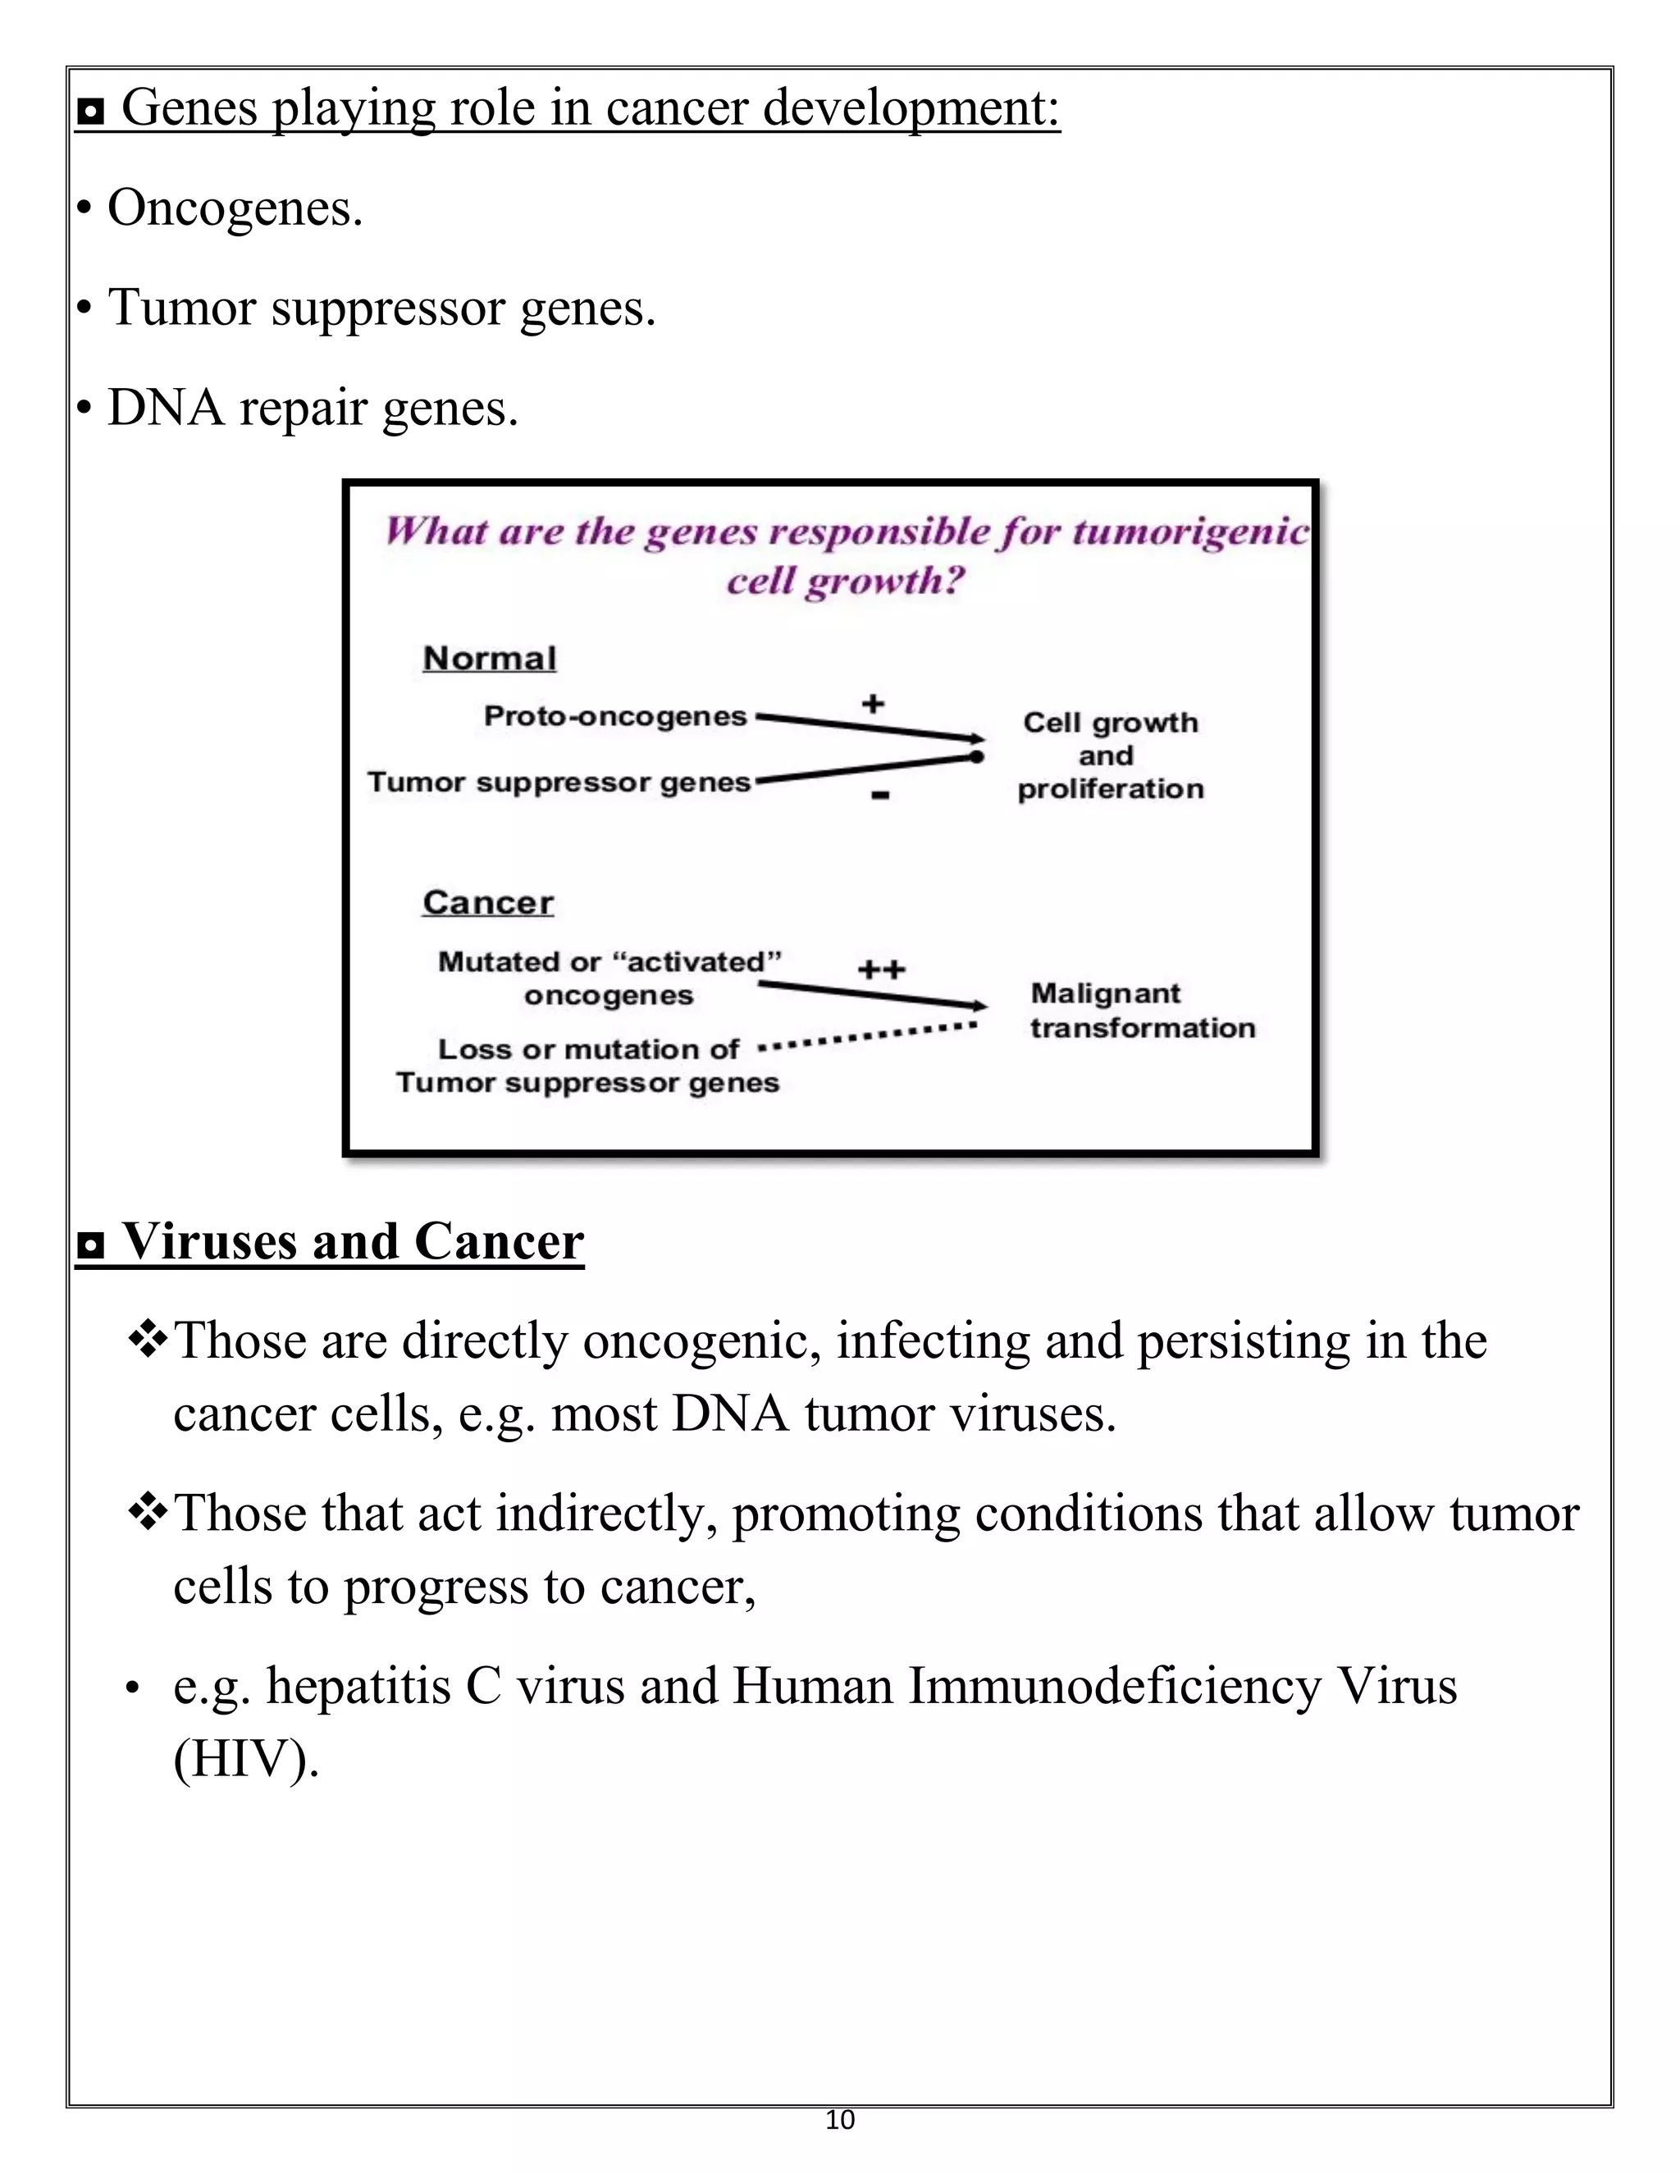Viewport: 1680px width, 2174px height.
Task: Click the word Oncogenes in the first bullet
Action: click(x=234, y=209)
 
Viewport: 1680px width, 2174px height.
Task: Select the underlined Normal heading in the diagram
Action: click(x=489, y=658)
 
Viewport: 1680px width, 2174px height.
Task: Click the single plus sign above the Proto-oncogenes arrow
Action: click(x=873, y=704)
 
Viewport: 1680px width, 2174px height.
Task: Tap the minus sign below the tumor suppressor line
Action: click(x=880, y=794)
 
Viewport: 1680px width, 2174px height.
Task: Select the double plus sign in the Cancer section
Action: click(x=881, y=969)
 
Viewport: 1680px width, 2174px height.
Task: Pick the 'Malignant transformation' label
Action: click(x=1142, y=1011)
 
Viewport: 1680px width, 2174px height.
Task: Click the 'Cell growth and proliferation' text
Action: click(x=1110, y=756)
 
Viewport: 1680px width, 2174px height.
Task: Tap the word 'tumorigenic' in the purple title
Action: click(x=1189, y=532)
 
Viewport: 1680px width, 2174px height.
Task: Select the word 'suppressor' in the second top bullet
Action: click(x=389, y=308)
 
